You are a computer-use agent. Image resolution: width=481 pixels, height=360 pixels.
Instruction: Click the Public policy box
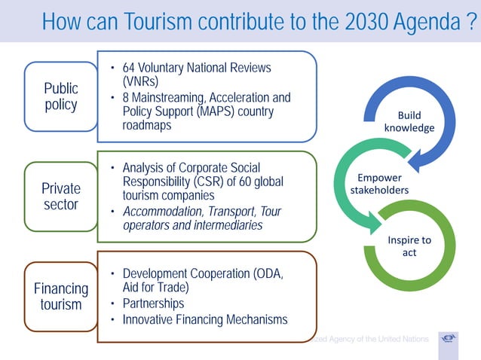coord(61,96)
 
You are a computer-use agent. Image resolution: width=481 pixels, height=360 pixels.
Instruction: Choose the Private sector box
coord(61,196)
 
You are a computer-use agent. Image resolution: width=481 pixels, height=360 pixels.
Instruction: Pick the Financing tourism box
coord(61,296)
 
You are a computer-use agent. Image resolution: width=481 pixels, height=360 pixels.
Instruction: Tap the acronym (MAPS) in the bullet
coord(198,111)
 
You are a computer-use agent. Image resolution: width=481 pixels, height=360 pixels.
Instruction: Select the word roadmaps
coord(147,125)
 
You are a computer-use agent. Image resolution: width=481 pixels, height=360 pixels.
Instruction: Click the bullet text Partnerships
coord(153,304)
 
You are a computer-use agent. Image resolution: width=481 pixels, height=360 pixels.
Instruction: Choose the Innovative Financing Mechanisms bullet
coord(204,319)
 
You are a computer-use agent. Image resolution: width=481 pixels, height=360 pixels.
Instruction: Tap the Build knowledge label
coord(409,121)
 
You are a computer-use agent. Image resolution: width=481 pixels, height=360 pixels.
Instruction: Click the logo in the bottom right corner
coord(449,338)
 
